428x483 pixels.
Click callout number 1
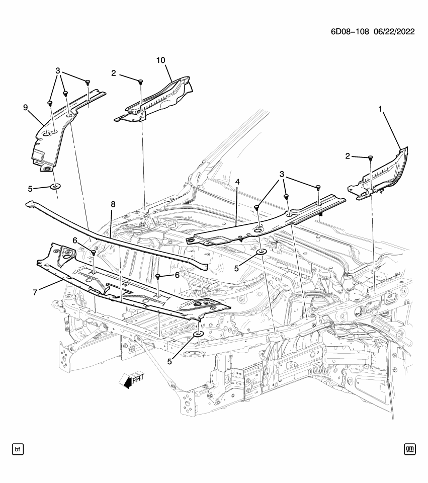380,108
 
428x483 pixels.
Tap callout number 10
160,60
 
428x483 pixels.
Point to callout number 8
113,204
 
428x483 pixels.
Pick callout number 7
35,292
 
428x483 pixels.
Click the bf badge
18,448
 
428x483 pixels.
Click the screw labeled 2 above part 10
141,81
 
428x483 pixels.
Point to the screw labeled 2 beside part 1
371,158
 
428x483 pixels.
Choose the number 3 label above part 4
283,175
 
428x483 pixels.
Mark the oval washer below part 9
55,187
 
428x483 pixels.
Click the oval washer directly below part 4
262,251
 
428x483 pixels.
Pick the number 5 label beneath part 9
30,189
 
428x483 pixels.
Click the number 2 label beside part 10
114,73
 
